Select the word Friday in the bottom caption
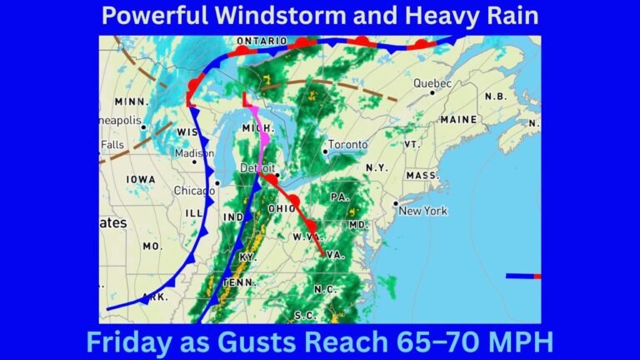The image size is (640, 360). click(x=130, y=342)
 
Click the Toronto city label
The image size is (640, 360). click(x=347, y=145)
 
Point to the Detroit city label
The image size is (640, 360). click(x=257, y=168)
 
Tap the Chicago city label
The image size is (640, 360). click(x=194, y=191)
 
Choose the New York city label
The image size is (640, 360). click(x=422, y=211)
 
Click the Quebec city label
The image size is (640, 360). click(x=433, y=83)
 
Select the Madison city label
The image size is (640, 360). click(x=195, y=153)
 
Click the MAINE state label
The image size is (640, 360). click(x=459, y=120)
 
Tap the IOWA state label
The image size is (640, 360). click(x=141, y=179)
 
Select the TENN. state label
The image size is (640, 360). click(x=238, y=283)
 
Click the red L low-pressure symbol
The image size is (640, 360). click(x=247, y=100)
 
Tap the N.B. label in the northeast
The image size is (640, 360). click(x=495, y=97)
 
